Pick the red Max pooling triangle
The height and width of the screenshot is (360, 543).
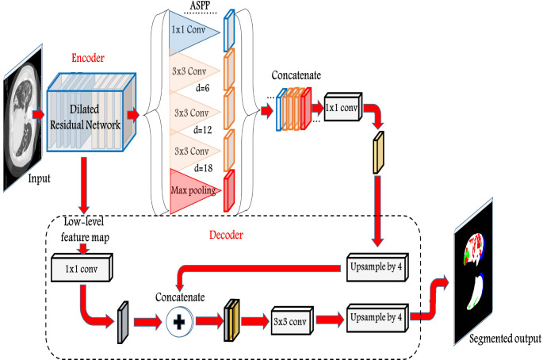click(x=190, y=190)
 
